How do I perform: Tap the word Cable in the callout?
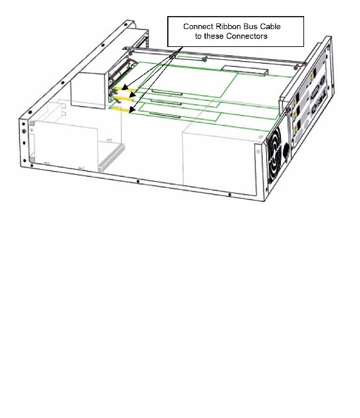270,26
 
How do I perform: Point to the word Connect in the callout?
198,26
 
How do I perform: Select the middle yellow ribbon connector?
124,98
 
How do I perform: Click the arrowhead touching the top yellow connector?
125,87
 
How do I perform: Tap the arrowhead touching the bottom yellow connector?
132,110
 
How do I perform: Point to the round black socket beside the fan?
286,151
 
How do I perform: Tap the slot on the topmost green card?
167,93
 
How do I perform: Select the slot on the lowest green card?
165,115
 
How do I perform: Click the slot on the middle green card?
166,102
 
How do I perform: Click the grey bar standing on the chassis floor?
111,158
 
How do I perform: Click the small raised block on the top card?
244,70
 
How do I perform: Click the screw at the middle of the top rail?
204,60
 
